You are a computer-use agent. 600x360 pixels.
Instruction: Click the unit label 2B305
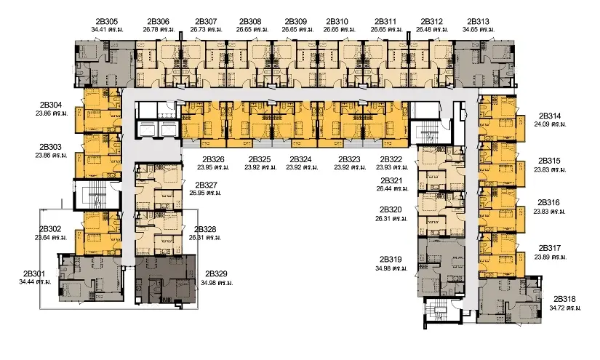point(106,21)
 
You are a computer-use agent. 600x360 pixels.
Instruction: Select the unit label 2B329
point(216,273)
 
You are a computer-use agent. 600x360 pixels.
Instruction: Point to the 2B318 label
point(564,299)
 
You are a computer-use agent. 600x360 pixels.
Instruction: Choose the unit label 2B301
point(34,273)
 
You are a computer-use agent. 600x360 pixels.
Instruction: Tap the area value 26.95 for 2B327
point(197,193)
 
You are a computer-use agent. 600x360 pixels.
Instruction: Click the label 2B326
point(213,159)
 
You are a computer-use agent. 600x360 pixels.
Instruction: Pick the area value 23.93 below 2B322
point(384,167)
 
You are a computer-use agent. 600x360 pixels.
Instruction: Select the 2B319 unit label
point(391,260)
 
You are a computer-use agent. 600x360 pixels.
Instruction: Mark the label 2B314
point(550,116)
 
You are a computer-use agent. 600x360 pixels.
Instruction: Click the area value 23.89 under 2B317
point(542,257)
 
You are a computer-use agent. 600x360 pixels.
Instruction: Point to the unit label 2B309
point(296,21)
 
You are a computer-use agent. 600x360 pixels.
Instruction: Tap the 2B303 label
point(50,147)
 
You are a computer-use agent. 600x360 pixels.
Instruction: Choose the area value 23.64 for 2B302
point(42,238)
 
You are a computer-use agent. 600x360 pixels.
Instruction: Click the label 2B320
point(391,209)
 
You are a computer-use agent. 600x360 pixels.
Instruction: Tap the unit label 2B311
point(385,21)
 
